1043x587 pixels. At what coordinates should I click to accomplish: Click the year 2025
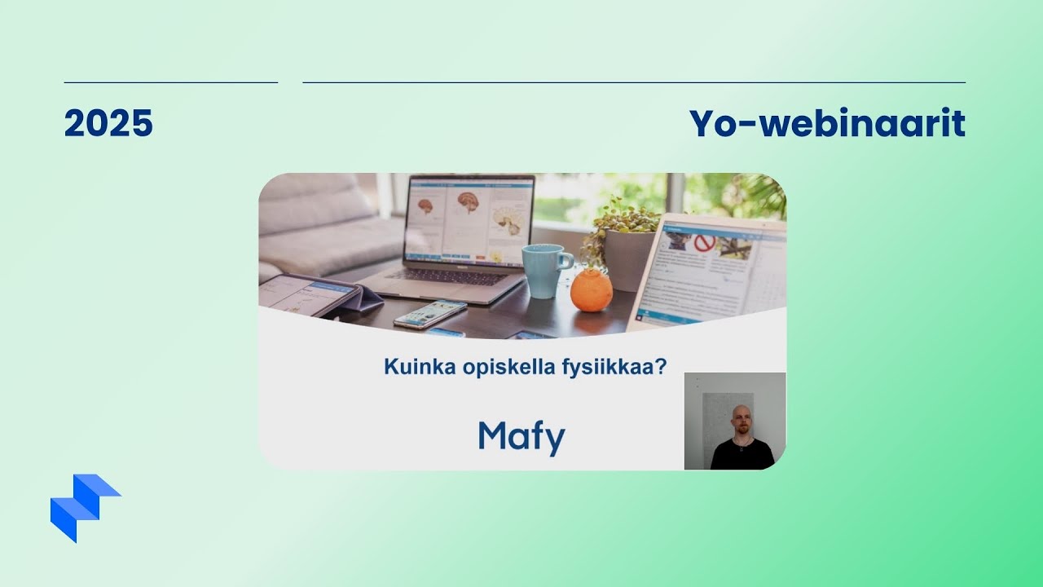click(108, 124)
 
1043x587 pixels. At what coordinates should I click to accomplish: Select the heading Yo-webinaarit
click(827, 124)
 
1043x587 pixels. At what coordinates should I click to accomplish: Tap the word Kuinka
click(412, 367)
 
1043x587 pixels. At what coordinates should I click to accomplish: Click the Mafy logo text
click(521, 437)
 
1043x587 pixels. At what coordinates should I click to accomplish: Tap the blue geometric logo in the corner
click(81, 505)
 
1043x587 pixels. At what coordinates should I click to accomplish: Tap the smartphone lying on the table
click(430, 313)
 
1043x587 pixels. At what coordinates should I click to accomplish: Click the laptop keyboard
click(444, 277)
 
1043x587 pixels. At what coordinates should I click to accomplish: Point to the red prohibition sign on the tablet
click(703, 243)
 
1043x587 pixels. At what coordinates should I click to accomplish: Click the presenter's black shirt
click(742, 455)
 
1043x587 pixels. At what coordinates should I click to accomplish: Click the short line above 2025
click(170, 82)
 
